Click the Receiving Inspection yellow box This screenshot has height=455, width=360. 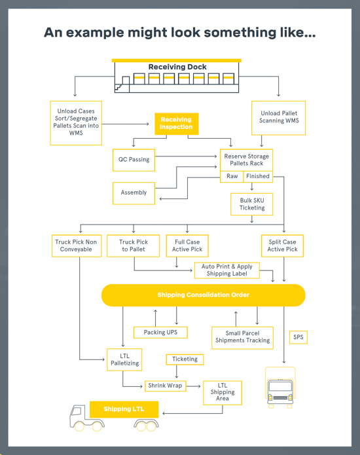coord(176,124)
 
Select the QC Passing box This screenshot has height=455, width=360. coord(134,160)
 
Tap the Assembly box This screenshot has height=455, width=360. coord(134,193)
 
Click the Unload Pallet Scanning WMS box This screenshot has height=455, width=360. coord(279,117)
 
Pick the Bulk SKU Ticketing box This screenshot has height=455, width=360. coord(251,204)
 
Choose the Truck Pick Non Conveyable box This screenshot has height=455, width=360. coord(77,246)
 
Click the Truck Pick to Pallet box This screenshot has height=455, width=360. coord(134,246)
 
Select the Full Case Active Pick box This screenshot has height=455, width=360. coord(187,246)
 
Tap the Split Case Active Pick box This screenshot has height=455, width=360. coord(282,246)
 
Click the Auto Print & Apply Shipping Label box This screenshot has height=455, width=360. coord(227,270)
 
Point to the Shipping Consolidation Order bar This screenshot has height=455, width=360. coord(203,295)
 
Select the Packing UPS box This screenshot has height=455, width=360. coord(160,333)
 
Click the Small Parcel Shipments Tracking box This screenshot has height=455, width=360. coord(242,337)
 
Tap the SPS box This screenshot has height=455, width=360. coord(298,338)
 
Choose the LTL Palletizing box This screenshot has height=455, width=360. coord(124,360)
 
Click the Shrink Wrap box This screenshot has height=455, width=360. coord(165,386)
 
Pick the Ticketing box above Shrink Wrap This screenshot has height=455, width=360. coord(185,359)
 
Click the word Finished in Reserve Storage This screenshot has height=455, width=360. coord(257,177)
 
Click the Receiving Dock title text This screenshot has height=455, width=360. coord(177,67)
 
